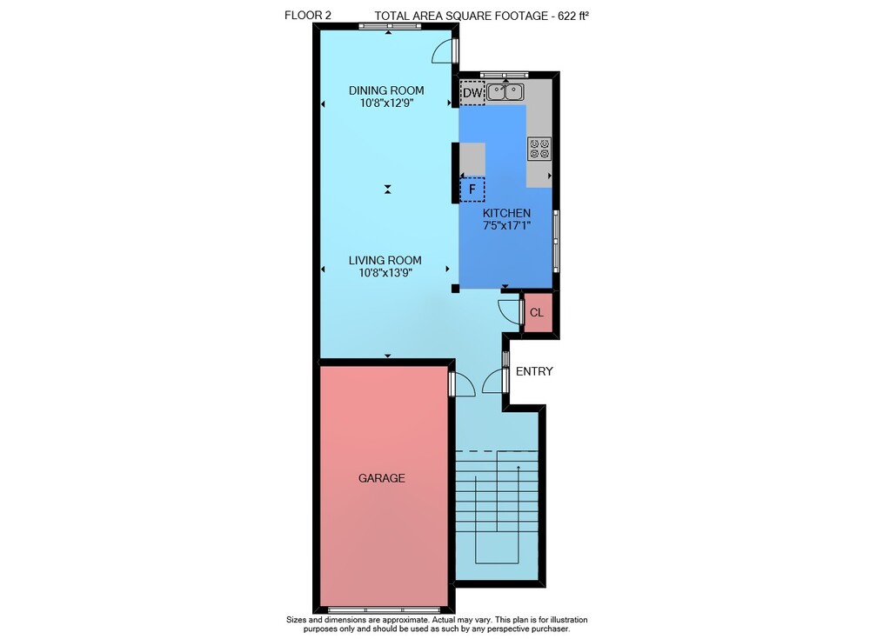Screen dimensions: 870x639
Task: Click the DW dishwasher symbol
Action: pyautogui.click(x=472, y=93)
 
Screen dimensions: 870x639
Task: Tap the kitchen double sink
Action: pyautogui.click(x=505, y=91)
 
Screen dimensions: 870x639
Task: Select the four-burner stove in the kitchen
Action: pyautogui.click(x=539, y=148)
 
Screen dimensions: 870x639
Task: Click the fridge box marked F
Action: pyautogui.click(x=472, y=190)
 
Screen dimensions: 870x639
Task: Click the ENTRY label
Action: pyautogui.click(x=534, y=371)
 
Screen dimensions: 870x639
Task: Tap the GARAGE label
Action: pyautogui.click(x=382, y=478)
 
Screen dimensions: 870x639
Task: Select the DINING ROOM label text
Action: pyautogui.click(x=386, y=90)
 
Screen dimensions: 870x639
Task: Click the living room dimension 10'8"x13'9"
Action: pyautogui.click(x=385, y=272)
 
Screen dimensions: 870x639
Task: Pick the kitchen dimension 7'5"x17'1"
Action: pyautogui.click(x=506, y=225)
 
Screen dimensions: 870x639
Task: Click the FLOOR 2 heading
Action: pyautogui.click(x=308, y=16)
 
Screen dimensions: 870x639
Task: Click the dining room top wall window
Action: pyautogui.click(x=389, y=26)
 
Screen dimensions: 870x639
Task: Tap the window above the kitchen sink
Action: pyautogui.click(x=505, y=75)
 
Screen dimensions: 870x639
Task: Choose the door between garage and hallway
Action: pyautogui.click(x=462, y=384)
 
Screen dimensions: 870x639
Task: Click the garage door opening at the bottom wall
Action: pyautogui.click(x=388, y=610)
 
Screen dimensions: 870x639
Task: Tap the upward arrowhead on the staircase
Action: pyautogui.click(x=519, y=468)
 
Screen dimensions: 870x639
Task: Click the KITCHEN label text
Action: pyautogui.click(x=506, y=213)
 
